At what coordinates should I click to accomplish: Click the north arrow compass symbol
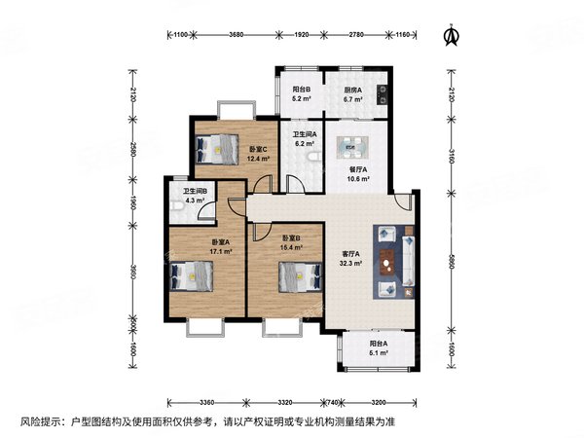[x=453, y=35]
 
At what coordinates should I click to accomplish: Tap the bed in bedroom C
[x=217, y=149]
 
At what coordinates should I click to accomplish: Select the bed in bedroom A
[x=192, y=276]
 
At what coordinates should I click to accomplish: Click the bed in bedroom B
[x=300, y=276]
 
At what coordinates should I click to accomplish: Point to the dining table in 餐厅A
[x=352, y=148]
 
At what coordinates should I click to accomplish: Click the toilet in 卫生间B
[x=177, y=206]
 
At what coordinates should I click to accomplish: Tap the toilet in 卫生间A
[x=315, y=157]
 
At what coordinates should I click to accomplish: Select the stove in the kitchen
[x=383, y=94]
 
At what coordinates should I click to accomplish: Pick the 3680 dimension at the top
[x=237, y=35]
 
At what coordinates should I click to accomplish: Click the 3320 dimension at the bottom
[x=285, y=402]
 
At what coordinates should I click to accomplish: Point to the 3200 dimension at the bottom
[x=379, y=402]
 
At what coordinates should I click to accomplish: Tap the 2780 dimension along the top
[x=356, y=35]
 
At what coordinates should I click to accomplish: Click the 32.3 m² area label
[x=350, y=263]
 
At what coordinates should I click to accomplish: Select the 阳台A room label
[x=379, y=344]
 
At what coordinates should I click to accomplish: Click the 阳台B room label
[x=302, y=90]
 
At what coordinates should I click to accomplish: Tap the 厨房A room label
[x=352, y=90]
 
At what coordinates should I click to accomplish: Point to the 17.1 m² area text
[x=221, y=251]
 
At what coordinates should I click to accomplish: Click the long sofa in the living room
[x=409, y=262]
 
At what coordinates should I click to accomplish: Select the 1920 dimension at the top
[x=302, y=35]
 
